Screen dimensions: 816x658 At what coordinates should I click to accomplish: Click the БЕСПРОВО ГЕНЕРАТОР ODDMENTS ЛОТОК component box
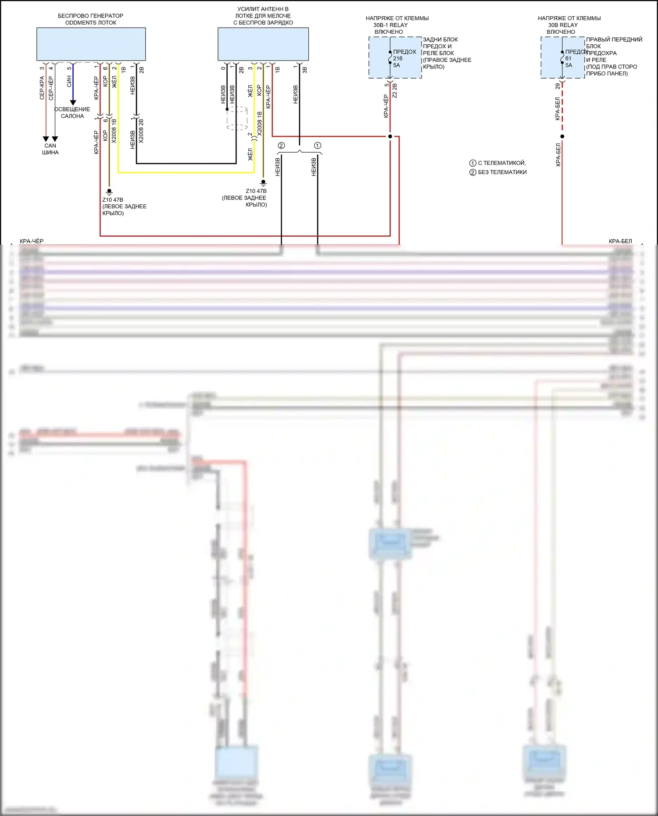click(91, 44)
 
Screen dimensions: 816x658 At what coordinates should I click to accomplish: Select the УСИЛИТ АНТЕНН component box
click(263, 44)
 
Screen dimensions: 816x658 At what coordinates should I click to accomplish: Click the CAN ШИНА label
click(50, 149)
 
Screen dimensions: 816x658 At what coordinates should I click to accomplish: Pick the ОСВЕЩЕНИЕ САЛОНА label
click(72, 113)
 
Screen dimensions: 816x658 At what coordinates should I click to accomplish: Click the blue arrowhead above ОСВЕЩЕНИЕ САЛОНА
click(73, 103)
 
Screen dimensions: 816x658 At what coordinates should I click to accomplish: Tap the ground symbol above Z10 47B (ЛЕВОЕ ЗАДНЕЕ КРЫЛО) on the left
click(109, 192)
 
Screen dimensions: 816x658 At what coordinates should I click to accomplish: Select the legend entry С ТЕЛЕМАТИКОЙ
click(498, 163)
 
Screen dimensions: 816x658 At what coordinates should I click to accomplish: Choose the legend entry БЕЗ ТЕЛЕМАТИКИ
click(498, 172)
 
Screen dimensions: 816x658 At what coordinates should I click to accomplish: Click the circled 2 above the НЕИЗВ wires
click(281, 146)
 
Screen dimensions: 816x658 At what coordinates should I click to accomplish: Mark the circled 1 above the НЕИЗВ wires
click(318, 146)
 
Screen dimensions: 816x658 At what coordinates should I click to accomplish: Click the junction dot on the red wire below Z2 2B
click(390, 136)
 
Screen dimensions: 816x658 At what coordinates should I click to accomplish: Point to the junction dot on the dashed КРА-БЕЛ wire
click(562, 136)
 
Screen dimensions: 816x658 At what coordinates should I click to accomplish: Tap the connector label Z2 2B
click(395, 90)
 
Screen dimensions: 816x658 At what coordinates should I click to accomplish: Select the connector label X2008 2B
click(141, 131)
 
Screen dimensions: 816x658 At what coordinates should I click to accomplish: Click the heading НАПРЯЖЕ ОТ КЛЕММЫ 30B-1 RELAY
click(397, 25)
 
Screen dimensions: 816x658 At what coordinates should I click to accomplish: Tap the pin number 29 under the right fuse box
click(558, 86)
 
